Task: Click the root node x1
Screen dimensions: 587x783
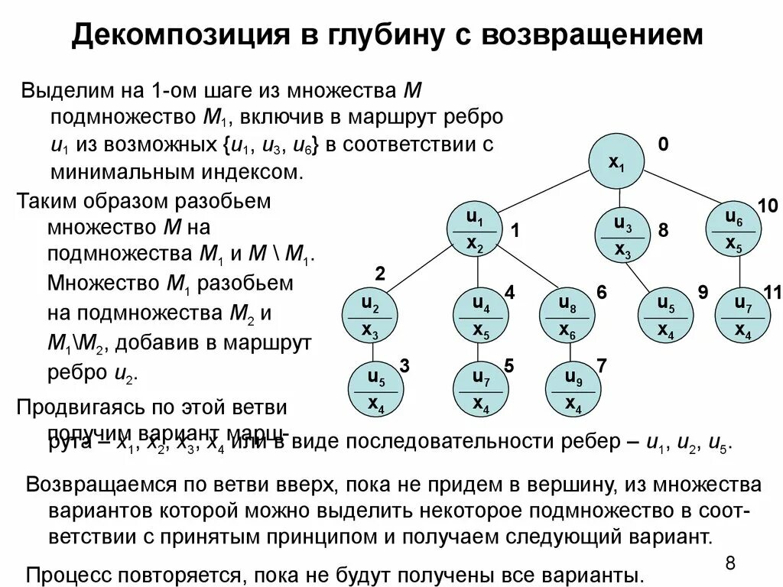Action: [616, 161]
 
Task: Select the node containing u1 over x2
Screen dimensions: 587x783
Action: [475, 231]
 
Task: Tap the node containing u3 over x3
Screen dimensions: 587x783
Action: [623, 236]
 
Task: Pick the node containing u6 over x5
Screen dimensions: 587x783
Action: [734, 231]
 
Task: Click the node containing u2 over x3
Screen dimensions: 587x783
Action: [370, 316]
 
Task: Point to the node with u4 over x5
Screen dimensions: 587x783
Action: [481, 316]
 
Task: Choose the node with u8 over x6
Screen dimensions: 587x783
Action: [567, 316]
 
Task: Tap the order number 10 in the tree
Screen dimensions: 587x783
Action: [767, 205]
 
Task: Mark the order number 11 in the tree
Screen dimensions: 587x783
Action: [772, 291]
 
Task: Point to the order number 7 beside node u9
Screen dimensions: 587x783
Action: [602, 365]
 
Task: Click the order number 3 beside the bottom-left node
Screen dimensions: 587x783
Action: [404, 366]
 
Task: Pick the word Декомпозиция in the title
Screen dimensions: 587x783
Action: [184, 35]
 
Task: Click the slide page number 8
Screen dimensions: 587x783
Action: [729, 564]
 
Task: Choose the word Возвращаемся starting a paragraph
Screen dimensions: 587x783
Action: [103, 485]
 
